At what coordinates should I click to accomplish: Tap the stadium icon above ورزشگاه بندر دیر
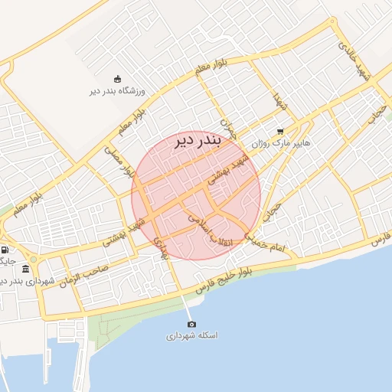pyautogui.click(x=116, y=79)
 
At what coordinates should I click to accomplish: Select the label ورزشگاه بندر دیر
pyautogui.click(x=117, y=91)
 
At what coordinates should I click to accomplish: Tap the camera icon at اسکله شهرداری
pyautogui.click(x=191, y=324)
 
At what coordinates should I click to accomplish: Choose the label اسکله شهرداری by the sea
pyautogui.click(x=191, y=336)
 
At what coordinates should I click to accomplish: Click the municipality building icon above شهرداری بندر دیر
pyautogui.click(x=27, y=269)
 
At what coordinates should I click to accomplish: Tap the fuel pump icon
pyautogui.click(x=5, y=250)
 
